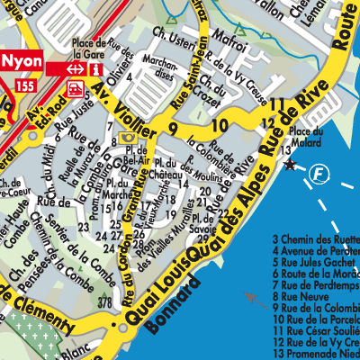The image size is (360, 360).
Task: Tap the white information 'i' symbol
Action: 94,68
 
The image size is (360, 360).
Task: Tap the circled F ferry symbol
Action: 318,172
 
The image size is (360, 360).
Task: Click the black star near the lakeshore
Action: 290,165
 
